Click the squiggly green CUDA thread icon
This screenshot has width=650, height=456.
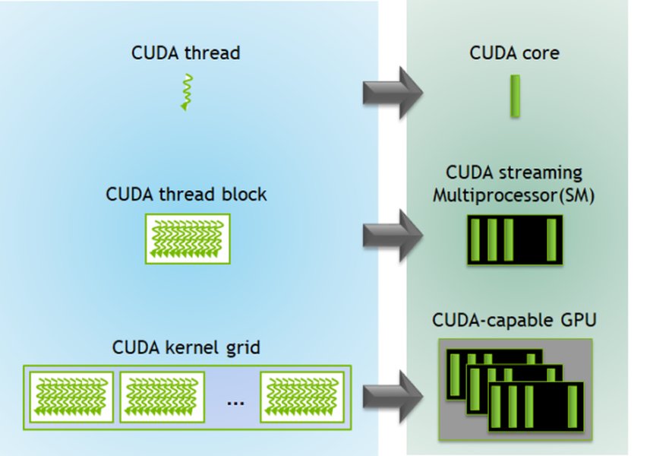[186, 92]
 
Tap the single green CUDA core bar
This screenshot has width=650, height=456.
[515, 96]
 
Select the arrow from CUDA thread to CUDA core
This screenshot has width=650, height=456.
[391, 92]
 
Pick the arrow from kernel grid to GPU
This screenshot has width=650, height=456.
[391, 396]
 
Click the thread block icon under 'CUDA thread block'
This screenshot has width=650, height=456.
[187, 239]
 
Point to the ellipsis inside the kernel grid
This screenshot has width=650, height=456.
[236, 401]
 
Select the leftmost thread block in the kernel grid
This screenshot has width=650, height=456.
[71, 396]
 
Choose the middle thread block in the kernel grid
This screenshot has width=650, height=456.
[162, 396]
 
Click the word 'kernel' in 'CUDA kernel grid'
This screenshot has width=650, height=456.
[189, 349]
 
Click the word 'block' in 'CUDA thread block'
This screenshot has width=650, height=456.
[243, 195]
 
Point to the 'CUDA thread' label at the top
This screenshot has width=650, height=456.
[186, 54]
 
